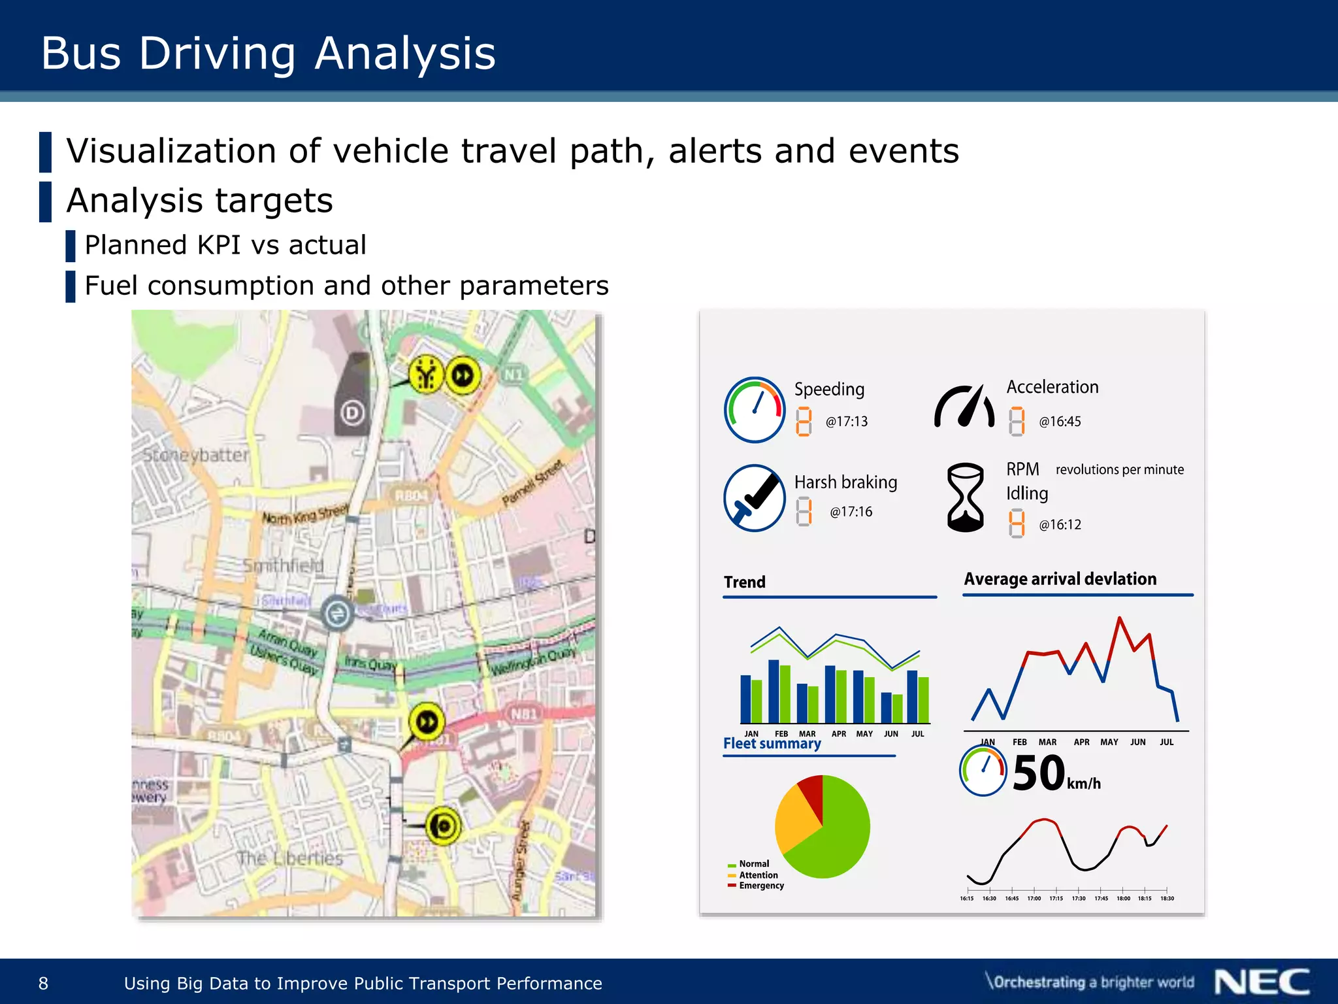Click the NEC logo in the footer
pos(1262,982)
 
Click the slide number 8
pos(44,983)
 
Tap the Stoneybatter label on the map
pos(195,455)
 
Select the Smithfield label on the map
pos(283,565)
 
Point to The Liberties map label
pos(289,858)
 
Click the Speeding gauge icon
pos(755,410)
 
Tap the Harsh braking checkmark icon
pos(755,498)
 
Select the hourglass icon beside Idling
pos(965,497)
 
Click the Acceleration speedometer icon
pos(964,407)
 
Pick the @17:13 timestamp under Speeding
pos(846,422)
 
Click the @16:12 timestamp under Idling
pos(1060,525)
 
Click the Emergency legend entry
pos(760,886)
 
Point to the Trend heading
pos(744,582)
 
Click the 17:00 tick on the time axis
pos(1034,898)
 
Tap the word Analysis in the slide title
pos(405,53)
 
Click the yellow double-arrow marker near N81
pos(427,722)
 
